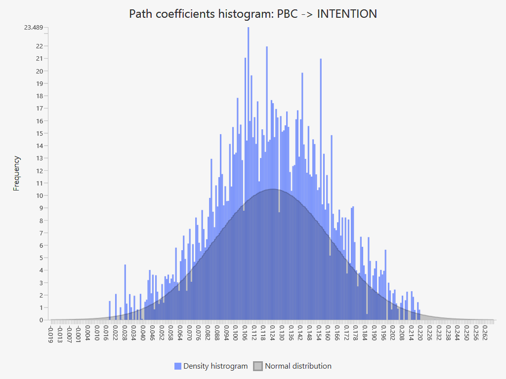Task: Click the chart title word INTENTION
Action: pyautogui.click(x=347, y=14)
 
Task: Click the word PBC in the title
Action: pyautogui.click(x=287, y=14)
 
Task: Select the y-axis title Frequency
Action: pyautogui.click(x=17, y=173)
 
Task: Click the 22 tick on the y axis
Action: pyautogui.click(x=40, y=46)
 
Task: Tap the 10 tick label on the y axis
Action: pyautogui.click(x=40, y=195)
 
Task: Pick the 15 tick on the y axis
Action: pyautogui.click(x=40, y=133)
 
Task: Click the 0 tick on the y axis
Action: pyautogui.click(x=41, y=320)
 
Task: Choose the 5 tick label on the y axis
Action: pyautogui.click(x=41, y=258)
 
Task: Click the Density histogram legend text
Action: pyautogui.click(x=215, y=366)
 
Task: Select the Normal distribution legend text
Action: pyautogui.click(x=298, y=366)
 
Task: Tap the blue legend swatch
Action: pyautogui.click(x=178, y=366)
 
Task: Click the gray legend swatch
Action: pyautogui.click(x=258, y=366)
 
